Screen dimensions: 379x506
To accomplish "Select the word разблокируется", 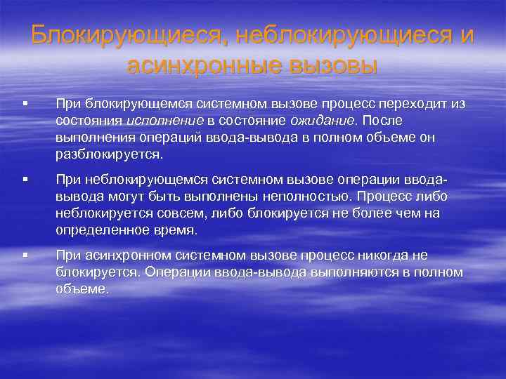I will click(x=110, y=153).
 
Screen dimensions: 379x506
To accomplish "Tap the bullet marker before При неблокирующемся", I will click(x=25, y=182).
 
